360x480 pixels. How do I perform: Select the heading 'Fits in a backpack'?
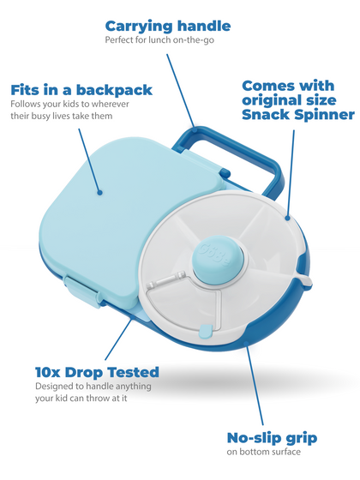[x=81, y=89]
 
